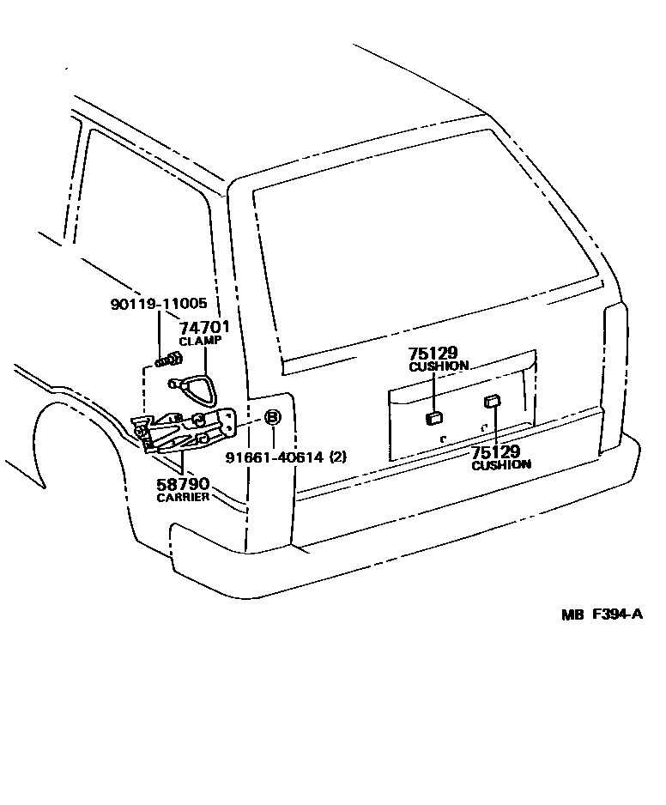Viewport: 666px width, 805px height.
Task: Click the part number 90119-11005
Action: [159, 305]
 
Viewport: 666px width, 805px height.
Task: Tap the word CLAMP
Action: [202, 340]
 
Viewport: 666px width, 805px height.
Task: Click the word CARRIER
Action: [183, 498]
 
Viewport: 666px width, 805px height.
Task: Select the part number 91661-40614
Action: [274, 457]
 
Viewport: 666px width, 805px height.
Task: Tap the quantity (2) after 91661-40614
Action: [338, 457]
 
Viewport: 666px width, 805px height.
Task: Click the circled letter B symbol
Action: [271, 418]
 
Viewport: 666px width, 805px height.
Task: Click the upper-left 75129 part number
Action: [433, 353]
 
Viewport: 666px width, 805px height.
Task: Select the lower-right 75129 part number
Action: [496, 451]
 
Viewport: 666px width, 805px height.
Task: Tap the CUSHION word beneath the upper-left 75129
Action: [439, 366]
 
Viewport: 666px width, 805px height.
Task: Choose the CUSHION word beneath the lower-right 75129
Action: [501, 464]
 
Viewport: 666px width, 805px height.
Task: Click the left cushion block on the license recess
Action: [433, 419]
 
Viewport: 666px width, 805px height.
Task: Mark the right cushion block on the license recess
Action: [493, 400]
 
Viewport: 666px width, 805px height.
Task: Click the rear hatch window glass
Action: [421, 249]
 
